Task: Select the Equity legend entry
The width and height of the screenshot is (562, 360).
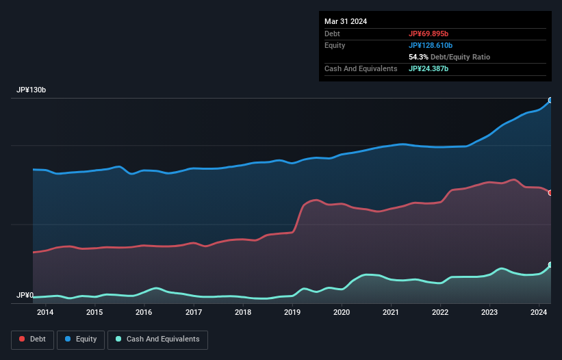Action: tap(81, 339)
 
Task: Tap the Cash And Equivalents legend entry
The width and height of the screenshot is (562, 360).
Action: tap(157, 339)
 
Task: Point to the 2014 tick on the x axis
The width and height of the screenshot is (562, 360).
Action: tap(45, 313)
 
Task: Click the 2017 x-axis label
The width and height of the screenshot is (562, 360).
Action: tap(194, 313)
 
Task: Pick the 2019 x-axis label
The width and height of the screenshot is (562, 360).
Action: tap(292, 313)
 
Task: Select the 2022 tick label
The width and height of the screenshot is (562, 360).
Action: tap(440, 313)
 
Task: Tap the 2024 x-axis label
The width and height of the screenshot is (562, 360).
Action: tap(539, 313)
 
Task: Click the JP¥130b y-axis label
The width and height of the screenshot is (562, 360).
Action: tap(31, 90)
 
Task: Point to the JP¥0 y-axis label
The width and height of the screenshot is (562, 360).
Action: tap(25, 296)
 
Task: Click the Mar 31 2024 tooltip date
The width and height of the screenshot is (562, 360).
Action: tap(346, 21)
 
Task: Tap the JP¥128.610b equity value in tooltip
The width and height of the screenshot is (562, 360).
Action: tap(432, 45)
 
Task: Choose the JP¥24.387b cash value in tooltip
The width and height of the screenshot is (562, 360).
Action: tap(430, 68)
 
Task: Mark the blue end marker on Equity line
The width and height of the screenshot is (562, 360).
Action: tap(550, 101)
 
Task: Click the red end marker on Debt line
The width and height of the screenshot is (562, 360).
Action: tap(550, 192)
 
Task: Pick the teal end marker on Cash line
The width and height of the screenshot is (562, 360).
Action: tap(550, 265)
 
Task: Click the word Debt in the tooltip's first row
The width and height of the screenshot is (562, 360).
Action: tap(332, 34)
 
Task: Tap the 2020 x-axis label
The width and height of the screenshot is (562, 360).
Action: tap(342, 313)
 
